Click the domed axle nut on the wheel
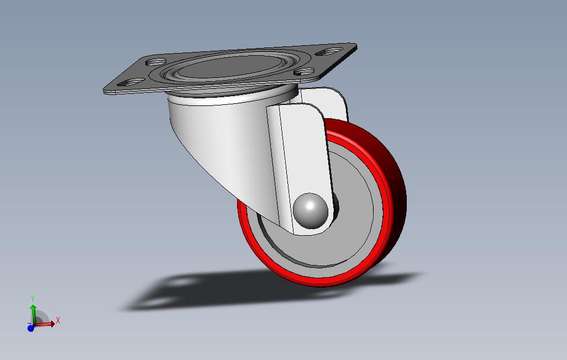[309, 211]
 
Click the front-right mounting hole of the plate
[304, 71]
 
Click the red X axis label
[57, 320]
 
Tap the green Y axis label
[33, 299]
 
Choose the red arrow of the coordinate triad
[47, 324]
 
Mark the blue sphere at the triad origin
[31, 327]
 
